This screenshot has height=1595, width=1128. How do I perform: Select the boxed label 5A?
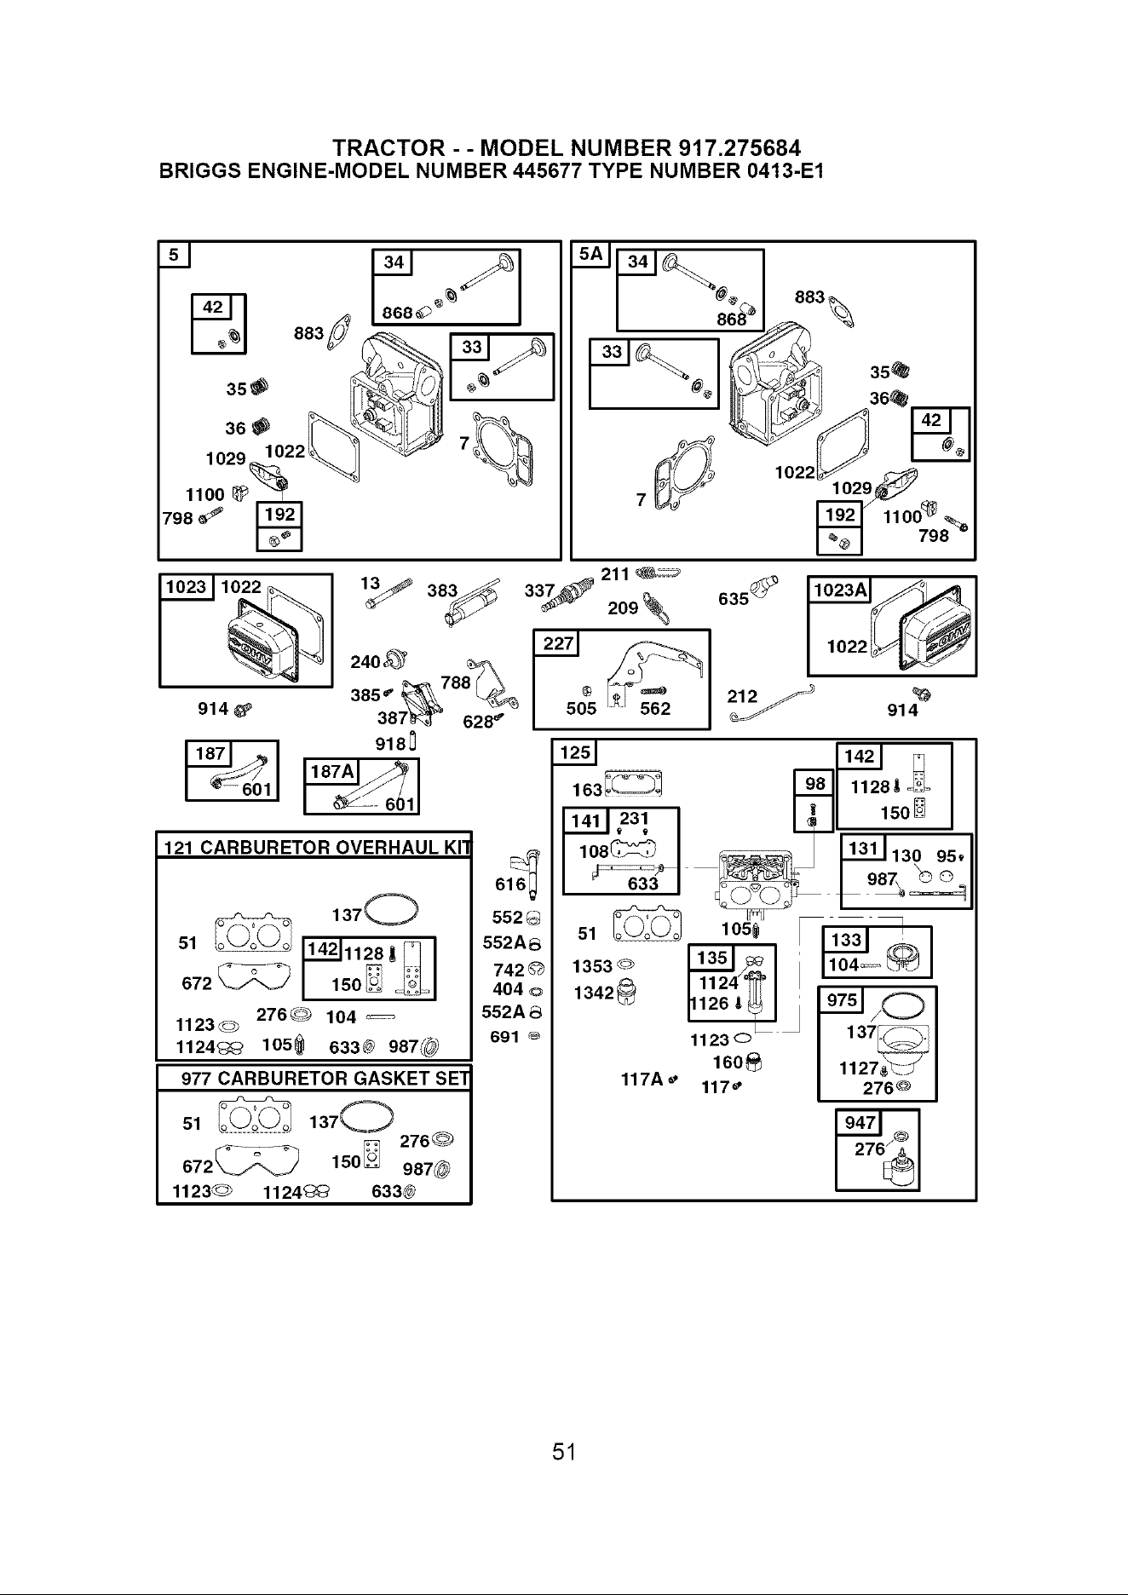coord(590,255)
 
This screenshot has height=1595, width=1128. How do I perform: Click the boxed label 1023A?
coord(840,590)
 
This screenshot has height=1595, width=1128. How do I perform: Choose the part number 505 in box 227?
coord(582,709)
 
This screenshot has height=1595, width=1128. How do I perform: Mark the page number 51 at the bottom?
coord(564,1452)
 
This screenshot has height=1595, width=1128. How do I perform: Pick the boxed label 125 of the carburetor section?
coord(575,753)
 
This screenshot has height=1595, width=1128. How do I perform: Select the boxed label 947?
coord(860,1123)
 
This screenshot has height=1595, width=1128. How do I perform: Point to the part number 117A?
coord(643,1080)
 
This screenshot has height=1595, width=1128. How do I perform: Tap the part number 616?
coord(510,884)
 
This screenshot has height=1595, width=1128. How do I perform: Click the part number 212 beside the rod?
coord(742,697)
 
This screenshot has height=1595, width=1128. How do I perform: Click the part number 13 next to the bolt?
coord(370,584)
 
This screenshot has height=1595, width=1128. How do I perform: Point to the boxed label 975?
coord(842,999)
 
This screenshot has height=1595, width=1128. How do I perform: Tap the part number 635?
coord(734,598)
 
